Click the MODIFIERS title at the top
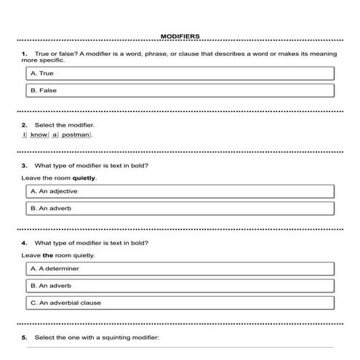180,36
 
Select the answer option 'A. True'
180,73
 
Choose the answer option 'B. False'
180,90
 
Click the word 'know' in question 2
39,135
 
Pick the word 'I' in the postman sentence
25,135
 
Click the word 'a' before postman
55,135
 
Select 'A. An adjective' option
180,191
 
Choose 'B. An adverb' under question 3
180,208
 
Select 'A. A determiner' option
180,268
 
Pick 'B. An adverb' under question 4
180,286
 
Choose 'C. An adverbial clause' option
180,303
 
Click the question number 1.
25,54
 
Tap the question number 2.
25,124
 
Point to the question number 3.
25,165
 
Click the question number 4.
25,242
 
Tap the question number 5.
25,337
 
